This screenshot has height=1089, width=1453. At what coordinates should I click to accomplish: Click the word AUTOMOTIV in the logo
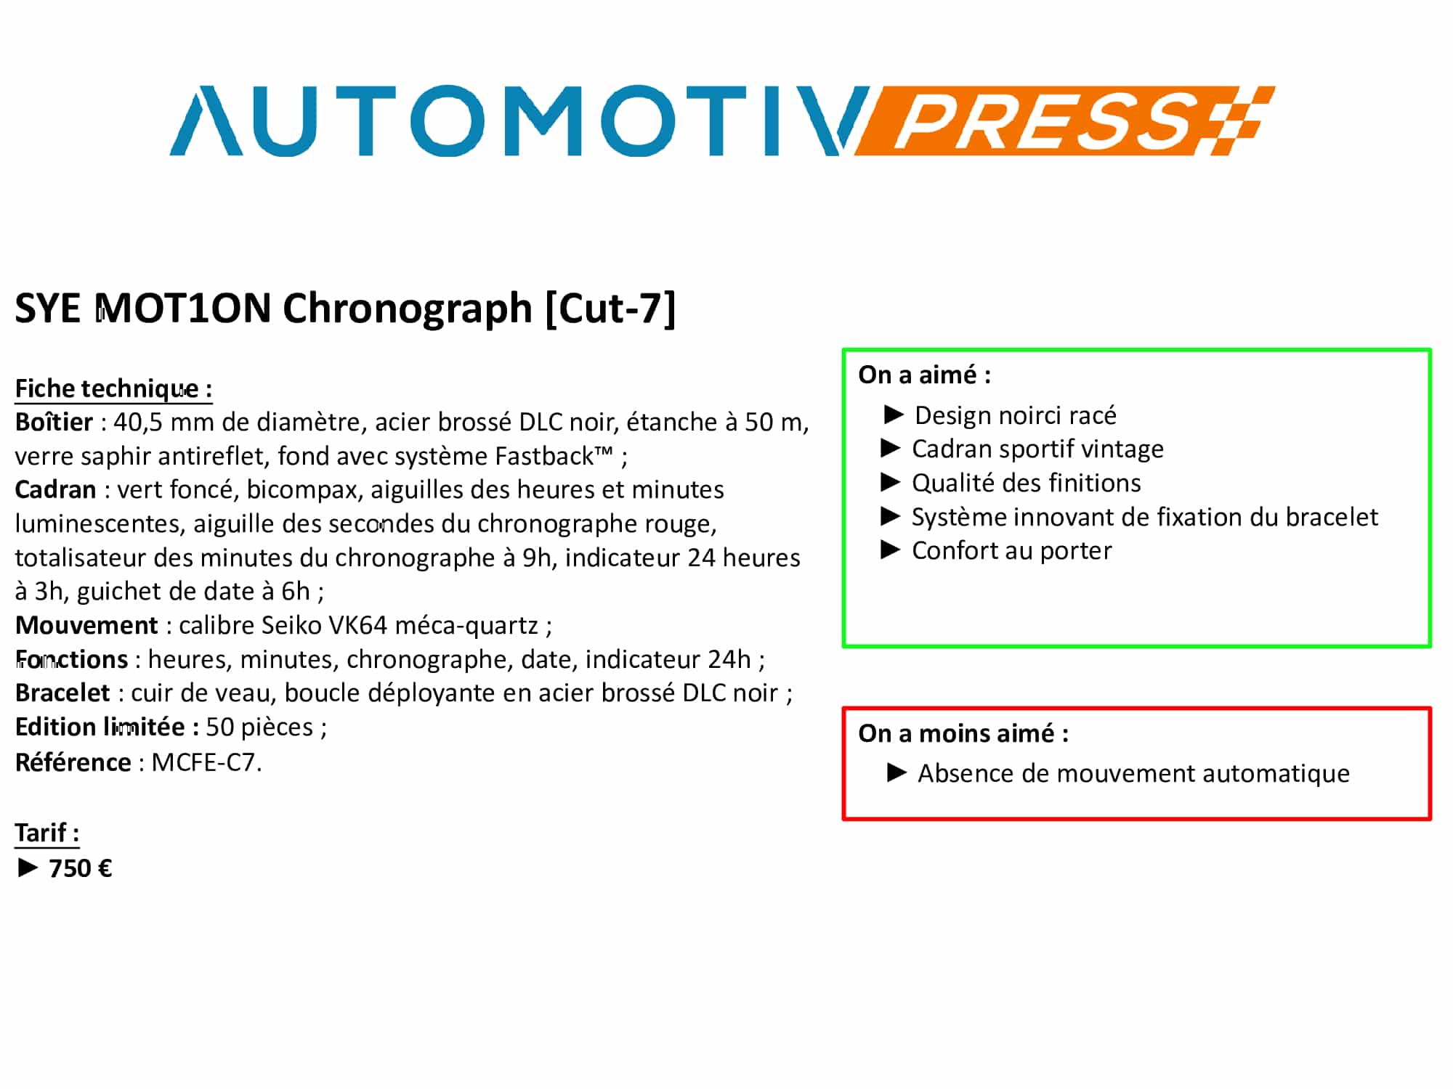pyautogui.click(x=519, y=121)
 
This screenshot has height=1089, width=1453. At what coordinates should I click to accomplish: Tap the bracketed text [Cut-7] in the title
pyautogui.click(x=610, y=309)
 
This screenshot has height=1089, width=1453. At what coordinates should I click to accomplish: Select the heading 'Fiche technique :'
pyautogui.click(x=113, y=389)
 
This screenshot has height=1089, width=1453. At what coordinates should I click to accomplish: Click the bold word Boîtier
pyautogui.click(x=54, y=422)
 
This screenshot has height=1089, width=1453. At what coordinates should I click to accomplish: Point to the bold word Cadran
pyautogui.click(x=56, y=489)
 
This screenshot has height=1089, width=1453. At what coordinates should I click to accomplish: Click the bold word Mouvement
pyautogui.click(x=86, y=625)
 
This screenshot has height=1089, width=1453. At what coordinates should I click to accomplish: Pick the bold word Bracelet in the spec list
pyautogui.click(x=62, y=693)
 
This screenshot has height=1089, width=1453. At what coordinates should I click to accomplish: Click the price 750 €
pyautogui.click(x=81, y=868)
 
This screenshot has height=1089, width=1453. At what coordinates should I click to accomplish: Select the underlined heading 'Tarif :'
pyautogui.click(x=47, y=833)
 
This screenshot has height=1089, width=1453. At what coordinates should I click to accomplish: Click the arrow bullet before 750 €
pyautogui.click(x=28, y=868)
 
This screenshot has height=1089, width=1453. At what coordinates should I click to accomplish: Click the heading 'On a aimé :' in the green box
pyautogui.click(x=924, y=375)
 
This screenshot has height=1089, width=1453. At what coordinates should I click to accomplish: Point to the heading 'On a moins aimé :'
pyautogui.click(x=963, y=733)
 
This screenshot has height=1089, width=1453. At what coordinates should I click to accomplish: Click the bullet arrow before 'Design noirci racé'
pyautogui.click(x=894, y=415)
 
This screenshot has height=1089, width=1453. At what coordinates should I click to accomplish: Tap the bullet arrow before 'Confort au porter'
pyautogui.click(x=891, y=550)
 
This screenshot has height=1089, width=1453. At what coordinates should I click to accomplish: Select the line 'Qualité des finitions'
pyautogui.click(x=1027, y=483)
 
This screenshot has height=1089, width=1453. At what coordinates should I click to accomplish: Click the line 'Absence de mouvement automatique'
pyautogui.click(x=1133, y=774)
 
